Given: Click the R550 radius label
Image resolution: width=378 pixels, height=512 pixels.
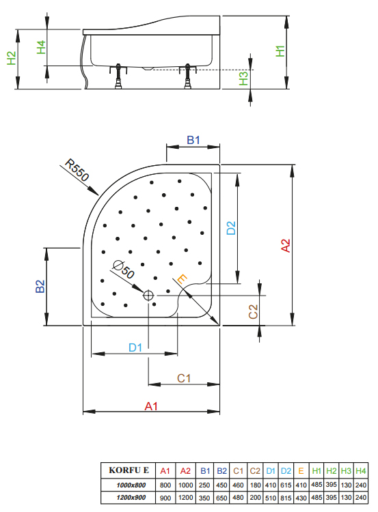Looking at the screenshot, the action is click(77, 170).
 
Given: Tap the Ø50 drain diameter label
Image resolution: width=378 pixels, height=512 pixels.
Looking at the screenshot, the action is click(124, 270).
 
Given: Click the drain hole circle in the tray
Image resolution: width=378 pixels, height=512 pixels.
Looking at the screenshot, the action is click(148, 296).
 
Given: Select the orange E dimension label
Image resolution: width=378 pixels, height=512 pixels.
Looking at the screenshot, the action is click(182, 279).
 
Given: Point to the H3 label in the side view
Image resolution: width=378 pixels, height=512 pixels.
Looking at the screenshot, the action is click(243, 79).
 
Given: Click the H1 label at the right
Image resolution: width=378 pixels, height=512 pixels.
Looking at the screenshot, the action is click(280, 51).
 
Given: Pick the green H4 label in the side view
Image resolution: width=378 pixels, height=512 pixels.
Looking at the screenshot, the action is click(41, 47).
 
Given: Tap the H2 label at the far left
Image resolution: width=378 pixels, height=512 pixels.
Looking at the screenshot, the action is click(12, 58).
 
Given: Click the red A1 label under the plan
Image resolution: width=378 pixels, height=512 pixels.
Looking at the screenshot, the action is click(151, 406).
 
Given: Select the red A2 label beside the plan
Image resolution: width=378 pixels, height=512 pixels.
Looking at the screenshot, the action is click(286, 246).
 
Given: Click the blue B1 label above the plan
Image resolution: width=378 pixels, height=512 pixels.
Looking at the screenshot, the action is click(193, 140).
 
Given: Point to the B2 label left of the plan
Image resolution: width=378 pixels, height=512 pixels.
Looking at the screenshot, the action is click(40, 286).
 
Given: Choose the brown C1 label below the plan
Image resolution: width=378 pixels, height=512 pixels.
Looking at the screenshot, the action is click(184, 378).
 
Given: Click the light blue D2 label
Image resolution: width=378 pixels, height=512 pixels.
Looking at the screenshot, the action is click(231, 228).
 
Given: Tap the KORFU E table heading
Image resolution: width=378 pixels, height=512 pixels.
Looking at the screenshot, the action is click(129, 470).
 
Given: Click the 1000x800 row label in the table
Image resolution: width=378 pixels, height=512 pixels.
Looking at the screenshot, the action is click(131, 485).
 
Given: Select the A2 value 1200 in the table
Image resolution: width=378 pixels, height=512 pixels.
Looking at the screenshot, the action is click(185, 498).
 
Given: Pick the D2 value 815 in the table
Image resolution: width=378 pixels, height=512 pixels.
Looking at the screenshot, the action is click(286, 498).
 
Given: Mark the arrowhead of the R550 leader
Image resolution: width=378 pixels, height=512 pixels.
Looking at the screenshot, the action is click(98, 195).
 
